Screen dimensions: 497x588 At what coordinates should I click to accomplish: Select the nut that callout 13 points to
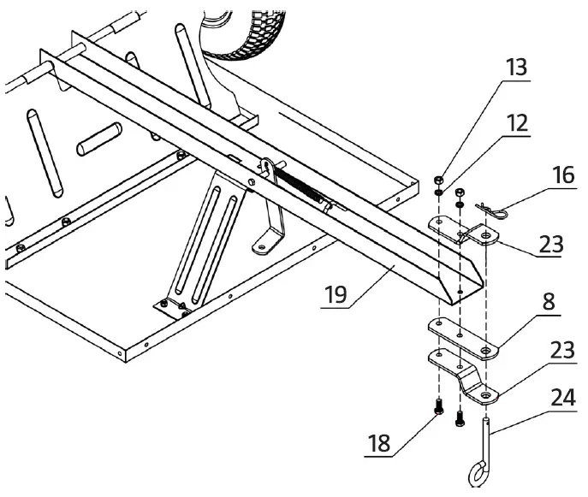point(437,180)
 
